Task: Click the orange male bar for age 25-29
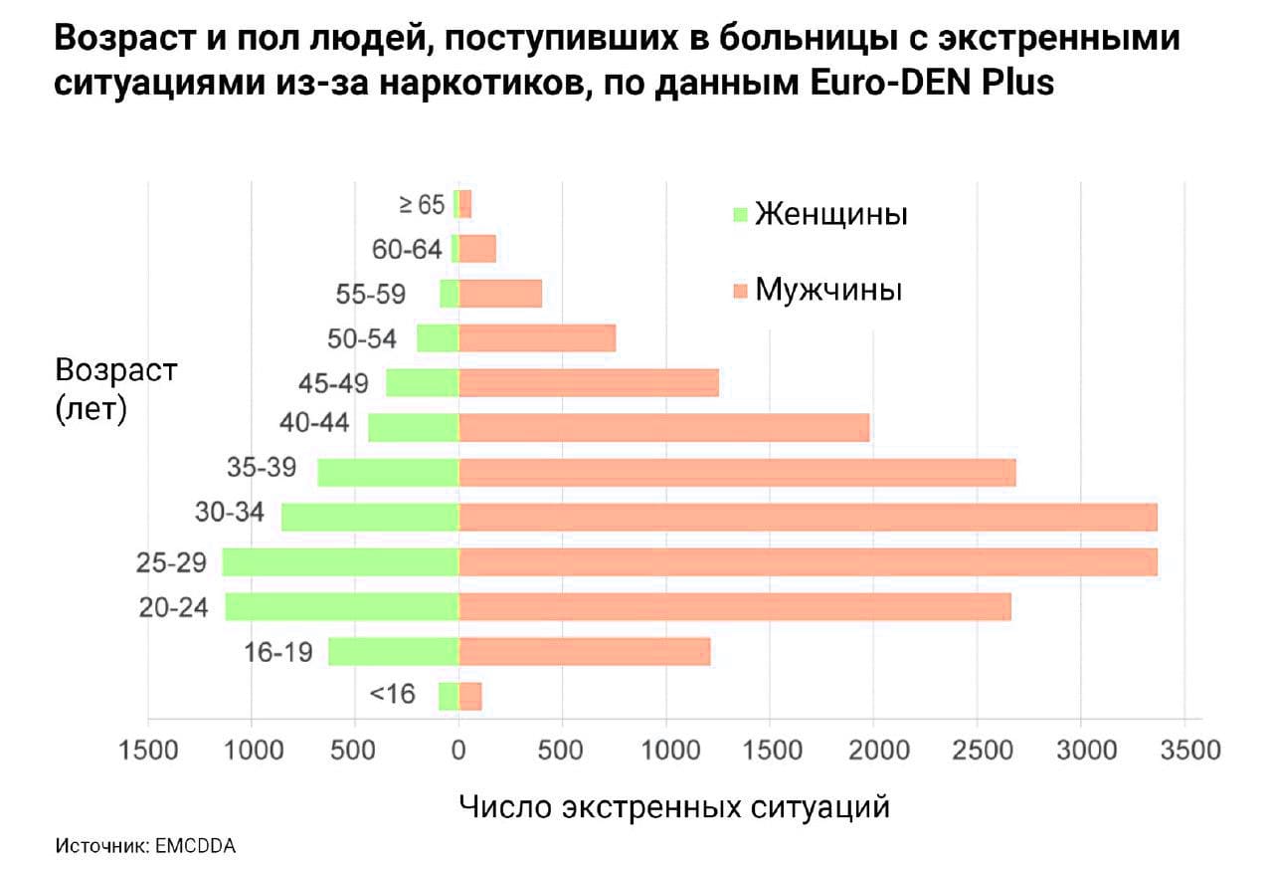808,562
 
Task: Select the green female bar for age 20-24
342,607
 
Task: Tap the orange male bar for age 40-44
664,428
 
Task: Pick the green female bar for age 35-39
388,473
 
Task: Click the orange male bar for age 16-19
585,652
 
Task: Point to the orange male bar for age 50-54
537,338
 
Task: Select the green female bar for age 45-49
423,383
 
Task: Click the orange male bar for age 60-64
477,249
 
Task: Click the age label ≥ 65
422,204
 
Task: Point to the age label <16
392,694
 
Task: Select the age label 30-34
231,513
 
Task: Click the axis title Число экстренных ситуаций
674,805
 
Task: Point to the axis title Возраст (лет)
116,389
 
